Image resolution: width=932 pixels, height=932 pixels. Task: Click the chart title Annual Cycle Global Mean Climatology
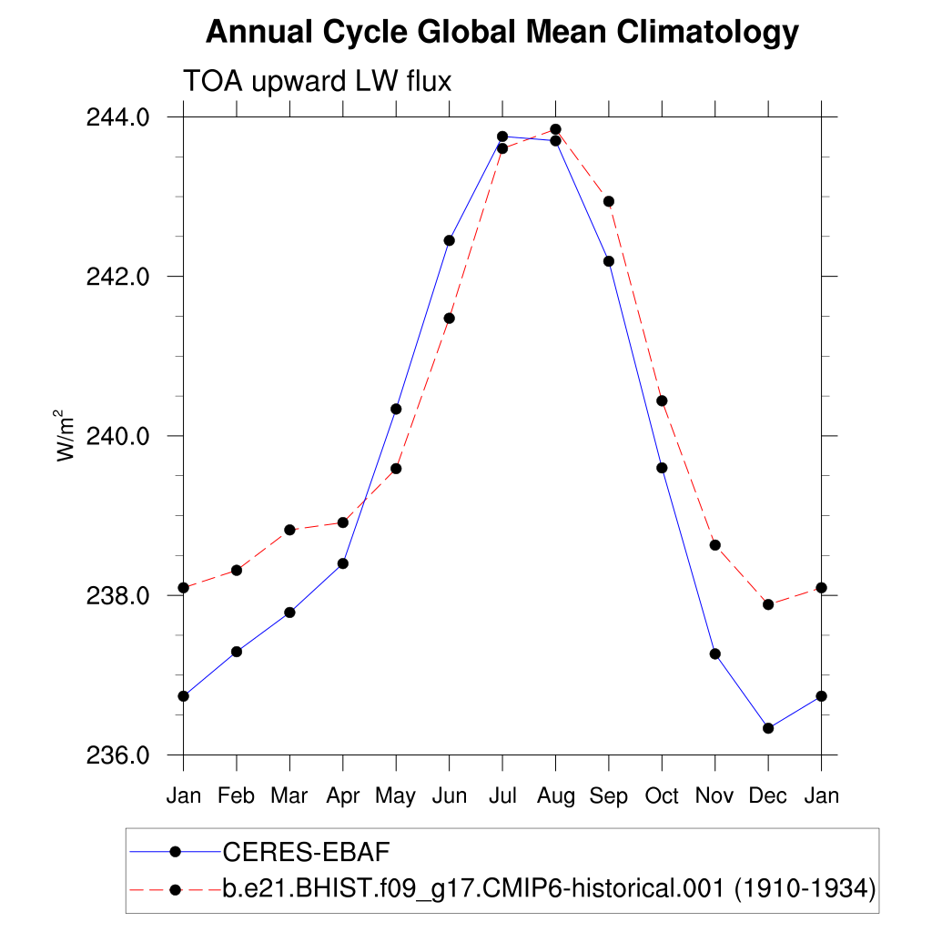point(501,33)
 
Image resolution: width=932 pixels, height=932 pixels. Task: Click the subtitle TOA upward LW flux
point(318,81)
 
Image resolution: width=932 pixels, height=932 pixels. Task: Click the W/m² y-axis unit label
point(66,436)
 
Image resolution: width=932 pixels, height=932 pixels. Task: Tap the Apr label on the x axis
point(342,795)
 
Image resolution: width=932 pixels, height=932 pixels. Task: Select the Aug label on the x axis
point(555,795)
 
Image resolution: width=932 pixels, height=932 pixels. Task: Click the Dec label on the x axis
point(768,795)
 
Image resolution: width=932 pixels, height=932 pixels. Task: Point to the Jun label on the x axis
point(449,795)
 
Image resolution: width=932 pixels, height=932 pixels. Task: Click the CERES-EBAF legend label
point(306,852)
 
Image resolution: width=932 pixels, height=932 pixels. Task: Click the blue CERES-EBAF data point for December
point(768,728)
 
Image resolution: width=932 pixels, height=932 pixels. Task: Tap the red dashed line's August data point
point(555,129)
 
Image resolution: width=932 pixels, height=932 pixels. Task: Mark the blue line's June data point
point(449,240)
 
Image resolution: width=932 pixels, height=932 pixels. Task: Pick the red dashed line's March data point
point(289,530)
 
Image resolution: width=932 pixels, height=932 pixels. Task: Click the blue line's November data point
point(715,653)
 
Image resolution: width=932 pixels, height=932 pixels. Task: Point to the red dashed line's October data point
point(662,400)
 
